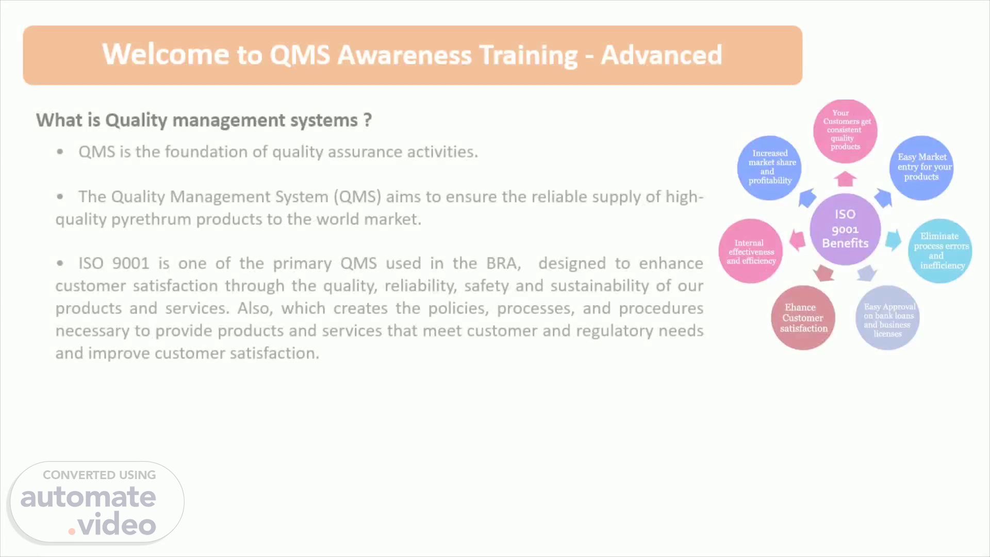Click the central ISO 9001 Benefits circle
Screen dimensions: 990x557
[x=845, y=229]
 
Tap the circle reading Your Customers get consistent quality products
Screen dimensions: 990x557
[x=845, y=131]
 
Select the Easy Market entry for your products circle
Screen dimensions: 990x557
[x=921, y=168]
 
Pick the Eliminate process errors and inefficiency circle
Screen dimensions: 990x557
[x=940, y=251]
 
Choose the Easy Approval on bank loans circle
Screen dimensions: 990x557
[x=887, y=318]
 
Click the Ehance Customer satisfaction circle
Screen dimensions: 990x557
[x=803, y=318]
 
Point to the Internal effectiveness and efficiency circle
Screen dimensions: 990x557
[x=751, y=251]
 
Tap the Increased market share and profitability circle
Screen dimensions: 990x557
[x=769, y=168]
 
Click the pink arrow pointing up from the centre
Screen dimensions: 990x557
[x=845, y=179]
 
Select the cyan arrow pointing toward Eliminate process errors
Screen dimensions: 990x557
[x=894, y=240]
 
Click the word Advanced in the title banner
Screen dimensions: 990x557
[x=662, y=55]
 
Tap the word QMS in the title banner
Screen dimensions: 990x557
[x=300, y=55]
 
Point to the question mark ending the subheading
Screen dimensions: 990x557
[x=367, y=120]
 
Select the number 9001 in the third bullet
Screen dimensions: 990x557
[x=131, y=263]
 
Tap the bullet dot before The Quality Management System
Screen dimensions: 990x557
[x=60, y=196]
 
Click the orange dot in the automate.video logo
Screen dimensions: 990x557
[x=72, y=531]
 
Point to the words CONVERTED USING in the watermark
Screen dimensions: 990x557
[x=100, y=475]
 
